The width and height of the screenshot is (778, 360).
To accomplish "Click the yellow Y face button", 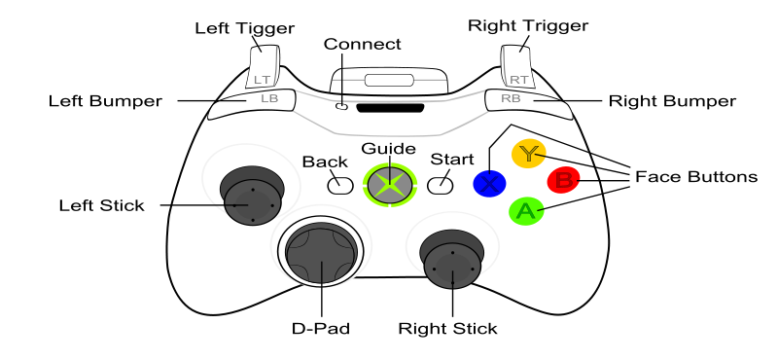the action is pyautogui.click(x=528, y=154).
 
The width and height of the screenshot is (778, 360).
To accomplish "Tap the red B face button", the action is pyautogui.click(x=564, y=180).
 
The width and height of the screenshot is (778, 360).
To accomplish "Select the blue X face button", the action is pyautogui.click(x=489, y=183).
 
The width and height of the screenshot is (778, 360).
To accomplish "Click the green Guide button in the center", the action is pyautogui.click(x=390, y=183).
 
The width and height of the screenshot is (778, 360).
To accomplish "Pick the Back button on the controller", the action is pyautogui.click(x=340, y=185).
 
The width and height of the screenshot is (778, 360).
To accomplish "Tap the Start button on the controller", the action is pyautogui.click(x=441, y=185).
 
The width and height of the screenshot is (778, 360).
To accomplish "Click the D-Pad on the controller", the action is pyautogui.click(x=322, y=255).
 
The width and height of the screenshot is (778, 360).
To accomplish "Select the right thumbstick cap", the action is pyautogui.click(x=452, y=265).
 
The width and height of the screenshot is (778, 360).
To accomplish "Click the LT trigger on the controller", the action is pyautogui.click(x=263, y=68).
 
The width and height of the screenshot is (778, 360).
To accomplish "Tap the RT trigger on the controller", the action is pyautogui.click(x=517, y=67).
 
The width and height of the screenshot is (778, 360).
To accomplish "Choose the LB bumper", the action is pyautogui.click(x=252, y=104).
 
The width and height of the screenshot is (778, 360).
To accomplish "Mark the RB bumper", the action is pyautogui.click(x=528, y=104).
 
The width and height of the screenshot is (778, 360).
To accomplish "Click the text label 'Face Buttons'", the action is pyautogui.click(x=696, y=177).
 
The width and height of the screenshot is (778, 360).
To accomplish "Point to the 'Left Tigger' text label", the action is pyautogui.click(x=244, y=28).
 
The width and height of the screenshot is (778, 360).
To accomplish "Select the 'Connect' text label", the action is pyautogui.click(x=362, y=44).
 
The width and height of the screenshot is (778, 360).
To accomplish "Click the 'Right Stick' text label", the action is pyautogui.click(x=447, y=329).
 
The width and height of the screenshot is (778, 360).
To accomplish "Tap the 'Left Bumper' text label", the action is pyautogui.click(x=105, y=101).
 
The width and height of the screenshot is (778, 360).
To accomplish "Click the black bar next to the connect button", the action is pyautogui.click(x=390, y=108).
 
